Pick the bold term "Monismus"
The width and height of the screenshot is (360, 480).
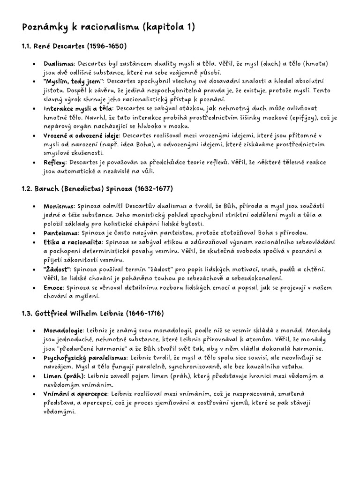pyautogui.click(x=59, y=206)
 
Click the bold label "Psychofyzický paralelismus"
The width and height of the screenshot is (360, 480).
pyautogui.click(x=85, y=358)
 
